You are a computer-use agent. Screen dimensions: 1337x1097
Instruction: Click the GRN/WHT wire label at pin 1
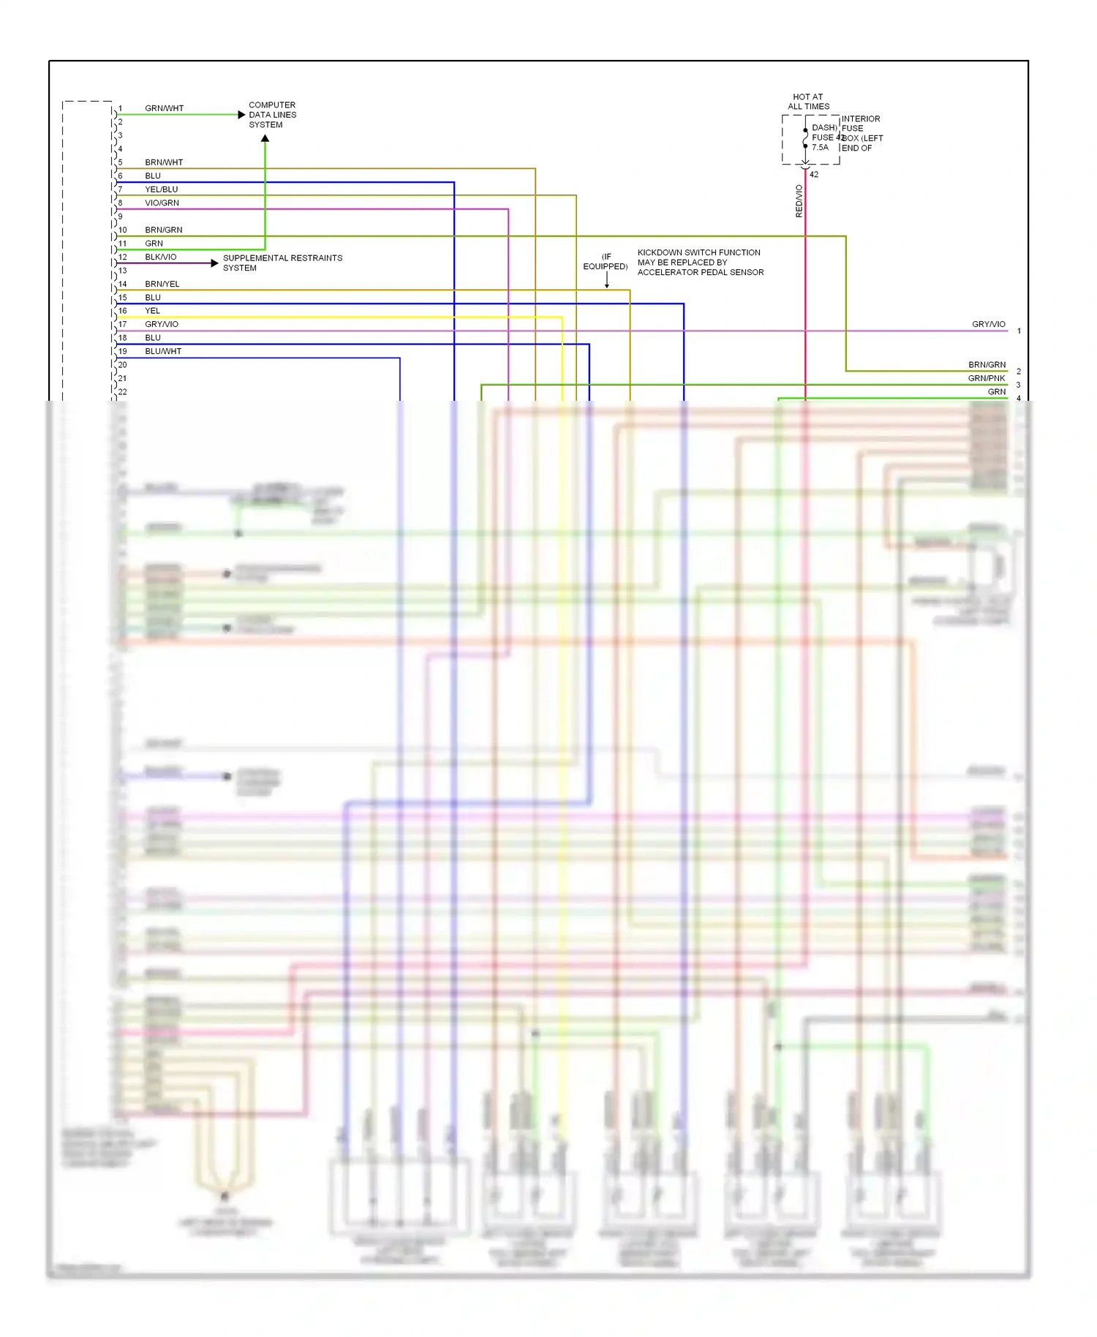pos(164,108)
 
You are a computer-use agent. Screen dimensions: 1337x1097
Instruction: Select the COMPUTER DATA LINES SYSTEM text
pos(272,115)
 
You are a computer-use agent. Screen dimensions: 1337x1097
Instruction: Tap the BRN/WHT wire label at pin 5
pos(164,162)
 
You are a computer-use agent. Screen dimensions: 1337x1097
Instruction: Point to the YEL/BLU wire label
pos(161,189)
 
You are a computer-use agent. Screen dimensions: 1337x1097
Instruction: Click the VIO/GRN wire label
pos(162,203)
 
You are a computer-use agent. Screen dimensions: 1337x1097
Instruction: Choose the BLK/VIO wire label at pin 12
pos(160,257)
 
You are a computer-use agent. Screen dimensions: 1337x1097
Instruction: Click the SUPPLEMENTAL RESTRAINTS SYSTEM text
pos(282,263)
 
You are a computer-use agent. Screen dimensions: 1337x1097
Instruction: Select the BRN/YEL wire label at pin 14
pos(162,284)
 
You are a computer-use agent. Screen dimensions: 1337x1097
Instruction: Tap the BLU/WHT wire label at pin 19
pos(162,351)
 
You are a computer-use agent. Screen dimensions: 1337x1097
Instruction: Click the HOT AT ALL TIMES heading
pos(808,102)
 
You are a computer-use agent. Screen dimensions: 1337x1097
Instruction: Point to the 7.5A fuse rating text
pos(820,148)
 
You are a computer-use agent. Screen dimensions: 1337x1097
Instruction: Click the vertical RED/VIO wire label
pos(799,200)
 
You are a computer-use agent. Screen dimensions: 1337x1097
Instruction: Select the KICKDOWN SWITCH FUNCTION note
pos(700,262)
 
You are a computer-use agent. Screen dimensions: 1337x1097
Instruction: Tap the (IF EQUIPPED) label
pos(606,262)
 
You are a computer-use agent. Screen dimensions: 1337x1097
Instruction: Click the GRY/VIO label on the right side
pos(988,324)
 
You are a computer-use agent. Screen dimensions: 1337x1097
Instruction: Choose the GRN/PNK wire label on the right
pos(986,378)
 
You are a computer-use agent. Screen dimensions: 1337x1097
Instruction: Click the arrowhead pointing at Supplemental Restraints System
pos(214,263)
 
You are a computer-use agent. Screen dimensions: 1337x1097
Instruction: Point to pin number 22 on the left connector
pos(122,392)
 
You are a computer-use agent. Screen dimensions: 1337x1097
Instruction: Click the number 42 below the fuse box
pos(814,175)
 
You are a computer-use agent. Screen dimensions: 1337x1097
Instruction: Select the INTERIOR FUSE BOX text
pos(862,133)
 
